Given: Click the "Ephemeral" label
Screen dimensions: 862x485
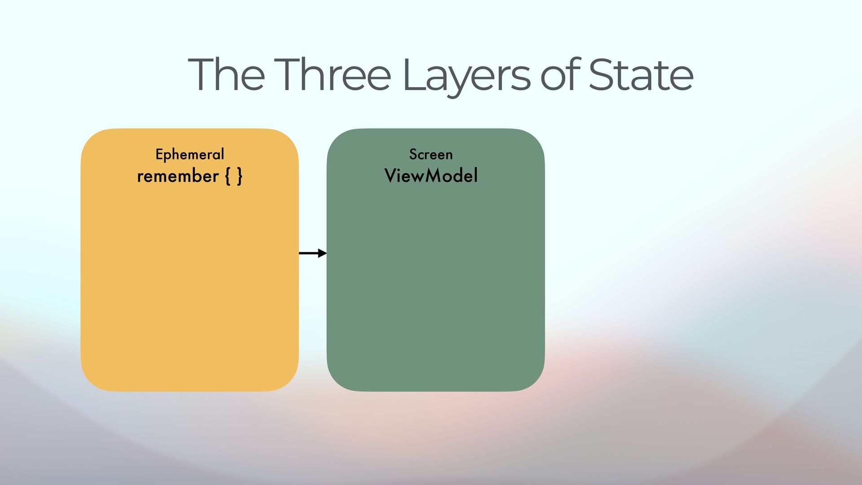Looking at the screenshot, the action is tap(189, 154).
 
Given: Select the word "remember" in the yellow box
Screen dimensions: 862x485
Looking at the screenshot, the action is tap(178, 176).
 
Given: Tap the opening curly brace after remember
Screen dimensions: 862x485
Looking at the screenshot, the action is tap(227, 176).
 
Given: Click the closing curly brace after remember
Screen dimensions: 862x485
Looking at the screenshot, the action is tap(240, 176).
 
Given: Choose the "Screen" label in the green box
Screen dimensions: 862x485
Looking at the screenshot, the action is tap(431, 154).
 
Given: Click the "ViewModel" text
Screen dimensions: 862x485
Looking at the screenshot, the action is tap(431, 176).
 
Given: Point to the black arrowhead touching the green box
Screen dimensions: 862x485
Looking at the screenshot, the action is tap(322, 253).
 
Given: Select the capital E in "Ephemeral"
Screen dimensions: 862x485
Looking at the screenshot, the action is tap(159, 154).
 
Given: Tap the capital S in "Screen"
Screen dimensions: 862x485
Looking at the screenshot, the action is tap(413, 154).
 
